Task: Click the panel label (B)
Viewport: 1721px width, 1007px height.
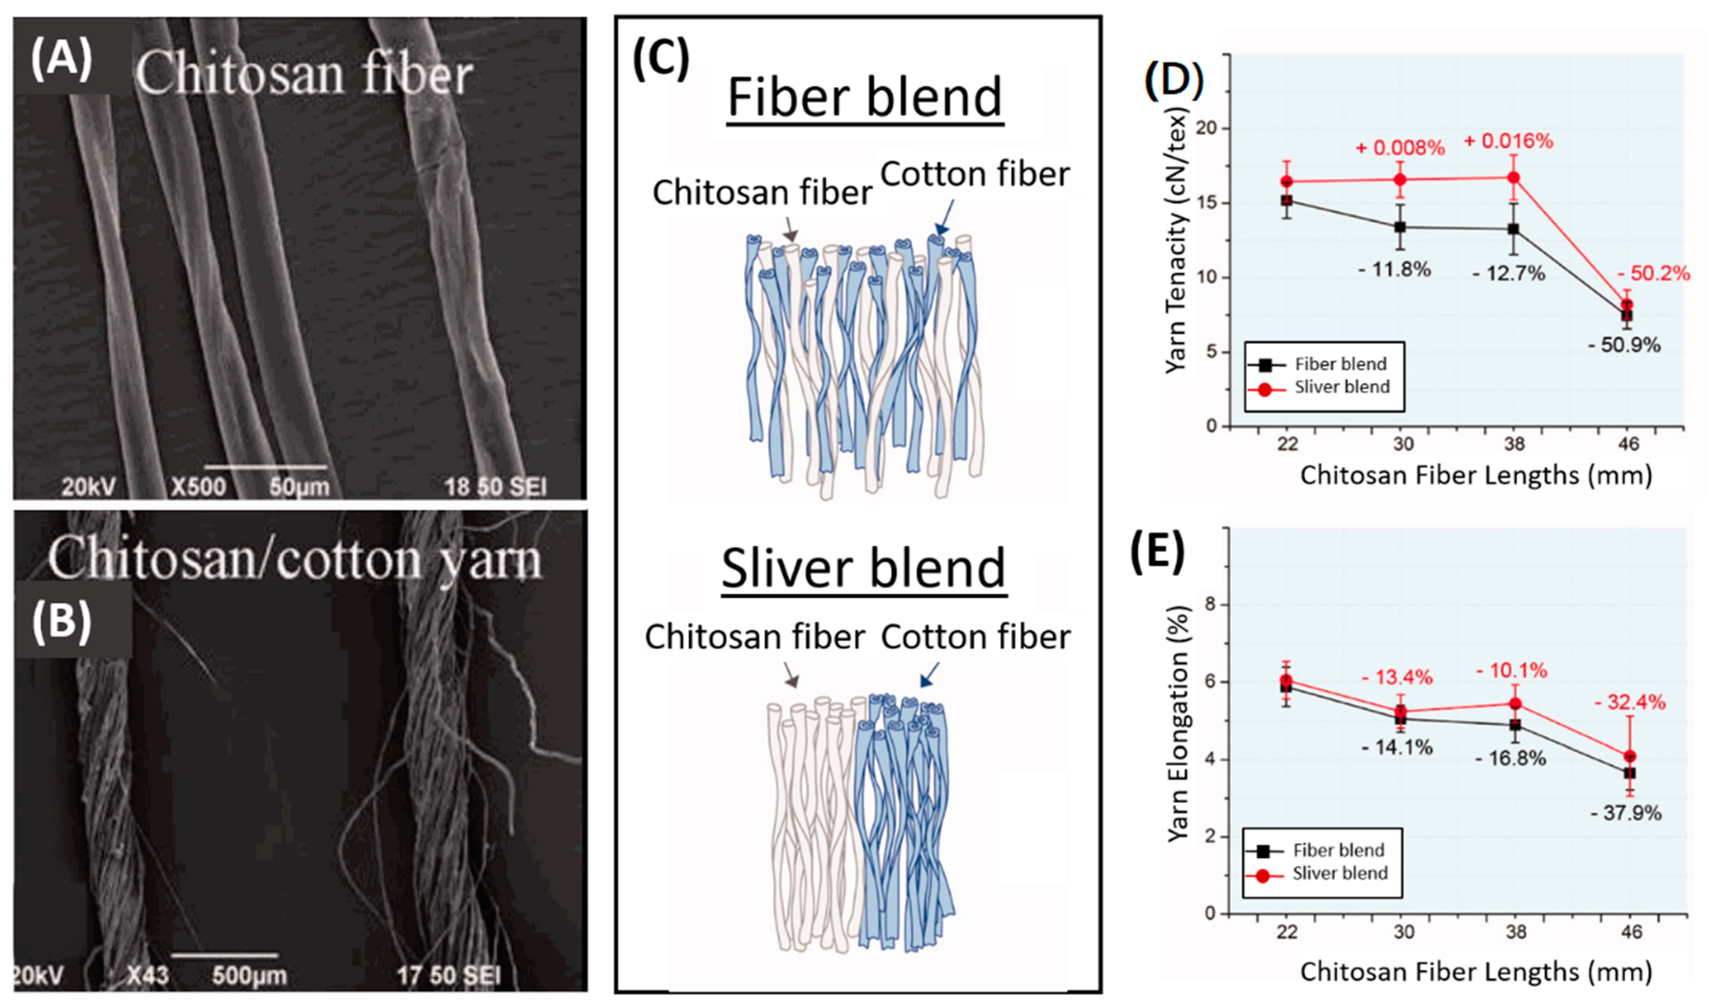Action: pos(61,621)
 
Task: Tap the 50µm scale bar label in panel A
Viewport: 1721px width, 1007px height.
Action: pos(299,487)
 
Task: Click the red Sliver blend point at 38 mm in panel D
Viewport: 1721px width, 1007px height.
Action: pos(1513,178)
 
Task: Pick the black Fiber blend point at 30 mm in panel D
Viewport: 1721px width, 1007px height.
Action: pos(1400,228)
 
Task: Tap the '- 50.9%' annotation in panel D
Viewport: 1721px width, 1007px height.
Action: pos(1624,345)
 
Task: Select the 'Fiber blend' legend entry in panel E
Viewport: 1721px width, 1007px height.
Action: pos(1338,850)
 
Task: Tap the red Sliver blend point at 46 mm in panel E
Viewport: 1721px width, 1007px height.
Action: pos(1630,756)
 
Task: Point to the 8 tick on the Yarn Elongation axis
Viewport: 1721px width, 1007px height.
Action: pos(1211,604)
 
